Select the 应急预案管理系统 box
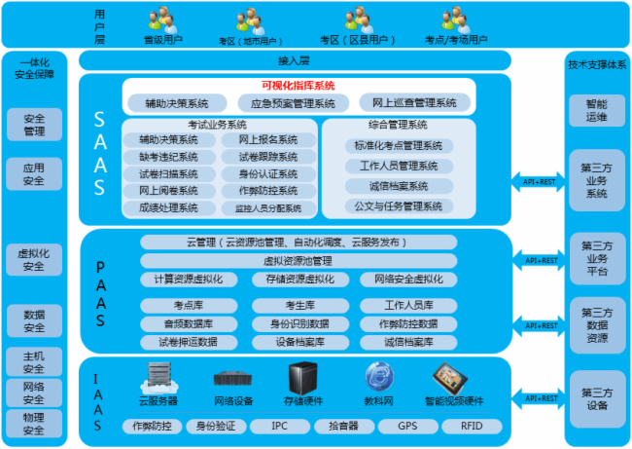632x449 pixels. tap(293, 102)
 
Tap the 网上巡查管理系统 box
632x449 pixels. tap(413, 102)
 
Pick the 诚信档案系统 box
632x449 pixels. tap(399, 186)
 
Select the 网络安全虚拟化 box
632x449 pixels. tap(408, 279)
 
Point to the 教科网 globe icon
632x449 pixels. tap(379, 376)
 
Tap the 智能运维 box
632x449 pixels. tap(596, 110)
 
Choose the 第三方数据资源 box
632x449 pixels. tap(596, 325)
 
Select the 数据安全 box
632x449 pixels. tap(33, 320)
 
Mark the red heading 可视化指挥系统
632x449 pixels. tap(298, 85)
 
